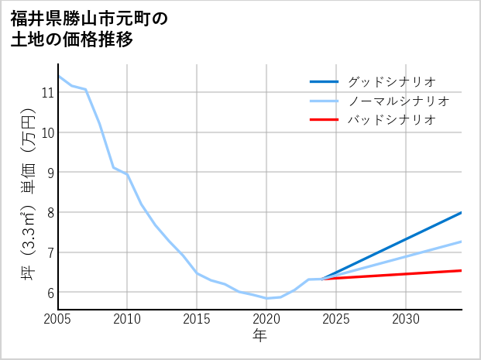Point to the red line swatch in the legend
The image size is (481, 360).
pos(324,120)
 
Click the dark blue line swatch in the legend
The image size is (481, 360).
pos(324,81)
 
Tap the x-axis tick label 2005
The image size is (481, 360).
pos(58,319)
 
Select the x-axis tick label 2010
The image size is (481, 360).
pos(127,319)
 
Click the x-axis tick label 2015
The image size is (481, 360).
pos(197,319)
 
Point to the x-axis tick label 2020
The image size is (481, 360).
pos(266,319)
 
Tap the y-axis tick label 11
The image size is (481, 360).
pos(46,93)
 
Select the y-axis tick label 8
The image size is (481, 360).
pos(49,212)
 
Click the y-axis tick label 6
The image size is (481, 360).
pos(49,293)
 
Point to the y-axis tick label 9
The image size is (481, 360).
pos(49,172)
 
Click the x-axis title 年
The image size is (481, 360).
pos(259,335)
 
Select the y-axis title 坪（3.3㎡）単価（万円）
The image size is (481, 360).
pos(28,194)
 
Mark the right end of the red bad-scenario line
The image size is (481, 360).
pos(461,270)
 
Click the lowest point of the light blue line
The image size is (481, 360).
pos(266,298)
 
